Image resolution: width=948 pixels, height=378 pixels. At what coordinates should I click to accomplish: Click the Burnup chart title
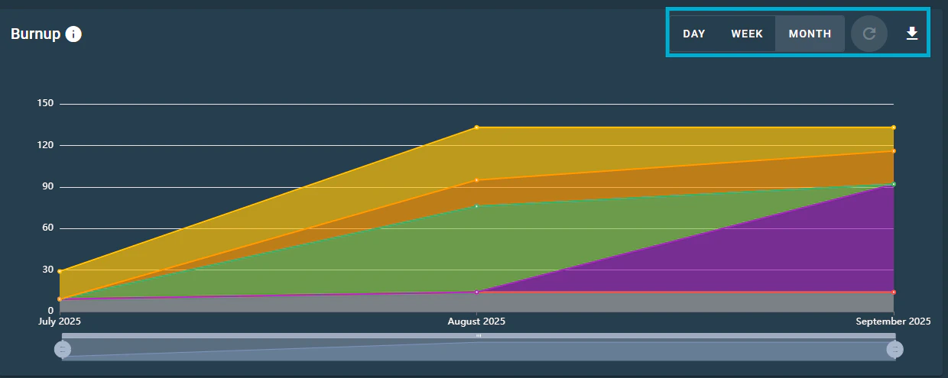point(35,34)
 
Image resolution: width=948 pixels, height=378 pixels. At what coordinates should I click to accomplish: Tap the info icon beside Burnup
point(73,34)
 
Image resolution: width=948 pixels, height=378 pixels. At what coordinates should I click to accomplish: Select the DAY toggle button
point(694,34)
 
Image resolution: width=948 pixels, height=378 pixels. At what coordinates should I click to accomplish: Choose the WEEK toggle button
point(747,34)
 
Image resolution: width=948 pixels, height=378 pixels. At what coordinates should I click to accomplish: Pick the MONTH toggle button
point(810,34)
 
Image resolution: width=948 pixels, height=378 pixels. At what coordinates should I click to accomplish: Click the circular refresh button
point(869,34)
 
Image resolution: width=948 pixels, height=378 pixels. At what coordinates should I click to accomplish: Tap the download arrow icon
point(911,34)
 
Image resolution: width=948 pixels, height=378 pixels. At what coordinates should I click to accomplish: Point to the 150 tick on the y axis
point(45,104)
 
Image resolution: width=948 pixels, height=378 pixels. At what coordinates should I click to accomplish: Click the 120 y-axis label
point(45,145)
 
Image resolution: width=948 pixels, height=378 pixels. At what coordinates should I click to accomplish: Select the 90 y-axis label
point(47,187)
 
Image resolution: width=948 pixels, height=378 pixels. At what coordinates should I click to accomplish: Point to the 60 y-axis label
point(47,228)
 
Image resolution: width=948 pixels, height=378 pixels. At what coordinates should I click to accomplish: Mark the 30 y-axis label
point(47,270)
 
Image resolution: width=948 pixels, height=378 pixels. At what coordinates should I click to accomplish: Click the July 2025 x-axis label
point(60,322)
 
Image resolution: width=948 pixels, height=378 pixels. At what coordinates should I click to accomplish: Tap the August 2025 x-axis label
point(476,322)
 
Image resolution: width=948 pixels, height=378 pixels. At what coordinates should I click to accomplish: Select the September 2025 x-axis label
point(893,322)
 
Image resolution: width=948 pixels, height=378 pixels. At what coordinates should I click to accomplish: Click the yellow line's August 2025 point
point(476,128)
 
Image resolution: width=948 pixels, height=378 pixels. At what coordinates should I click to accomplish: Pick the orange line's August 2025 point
point(476,180)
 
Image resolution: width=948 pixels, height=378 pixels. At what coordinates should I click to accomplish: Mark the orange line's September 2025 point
point(893,151)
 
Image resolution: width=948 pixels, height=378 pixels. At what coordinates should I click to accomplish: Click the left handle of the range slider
point(63,349)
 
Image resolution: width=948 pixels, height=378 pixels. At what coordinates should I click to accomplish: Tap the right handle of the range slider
point(894,349)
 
